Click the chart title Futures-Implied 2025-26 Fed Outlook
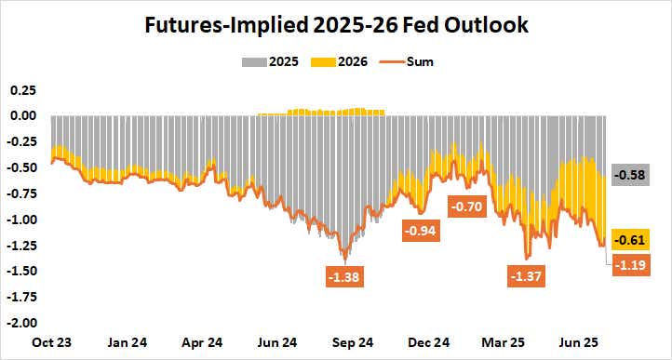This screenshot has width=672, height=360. click(336, 26)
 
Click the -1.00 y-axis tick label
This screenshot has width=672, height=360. click(21, 220)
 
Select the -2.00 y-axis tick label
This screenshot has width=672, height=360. click(21, 324)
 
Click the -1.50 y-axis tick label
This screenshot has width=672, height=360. click(21, 272)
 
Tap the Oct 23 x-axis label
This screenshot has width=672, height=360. click(50, 342)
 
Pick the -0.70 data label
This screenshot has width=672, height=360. click(469, 207)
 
